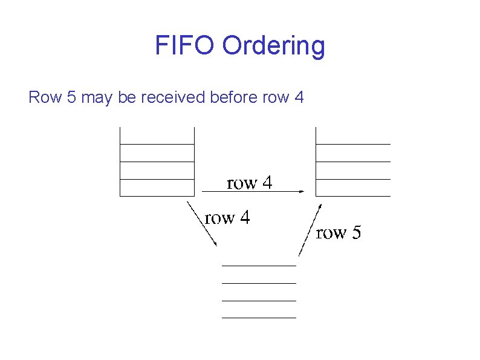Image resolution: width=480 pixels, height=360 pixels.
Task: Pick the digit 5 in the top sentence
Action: coord(71,97)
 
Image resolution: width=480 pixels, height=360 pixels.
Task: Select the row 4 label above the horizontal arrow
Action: coord(249,183)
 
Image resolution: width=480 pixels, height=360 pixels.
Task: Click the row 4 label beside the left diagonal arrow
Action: coord(227,218)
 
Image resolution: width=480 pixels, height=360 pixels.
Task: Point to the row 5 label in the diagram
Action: coord(339,232)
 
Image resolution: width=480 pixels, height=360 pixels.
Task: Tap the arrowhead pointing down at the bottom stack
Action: coord(215,243)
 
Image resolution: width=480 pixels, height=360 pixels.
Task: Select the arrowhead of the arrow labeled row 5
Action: coord(318,208)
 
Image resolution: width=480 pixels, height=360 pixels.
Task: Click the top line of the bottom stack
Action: coord(259,266)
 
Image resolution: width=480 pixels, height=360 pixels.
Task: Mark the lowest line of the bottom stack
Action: coord(259,317)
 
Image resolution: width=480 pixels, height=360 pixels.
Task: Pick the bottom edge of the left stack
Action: coord(157,196)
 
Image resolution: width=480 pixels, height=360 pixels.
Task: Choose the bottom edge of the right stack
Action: coord(353,196)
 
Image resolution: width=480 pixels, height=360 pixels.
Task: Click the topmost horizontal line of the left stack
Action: coord(157,144)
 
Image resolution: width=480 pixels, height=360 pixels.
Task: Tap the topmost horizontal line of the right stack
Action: coord(353,144)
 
